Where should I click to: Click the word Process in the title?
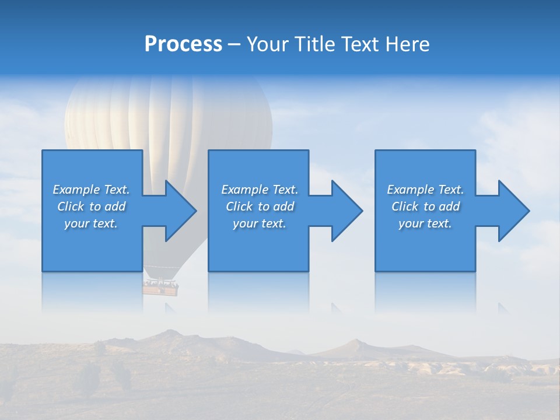coord(183,44)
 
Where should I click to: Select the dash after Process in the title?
coord(235,45)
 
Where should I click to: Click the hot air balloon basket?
coord(161,286)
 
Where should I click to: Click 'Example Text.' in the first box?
coord(91,190)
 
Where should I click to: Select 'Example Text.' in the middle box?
coord(260,190)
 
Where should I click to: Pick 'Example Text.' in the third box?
coord(425,190)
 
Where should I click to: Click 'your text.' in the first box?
coord(91,223)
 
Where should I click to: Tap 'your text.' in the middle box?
coord(260,223)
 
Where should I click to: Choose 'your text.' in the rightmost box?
coord(425,223)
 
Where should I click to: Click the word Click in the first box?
coord(71,206)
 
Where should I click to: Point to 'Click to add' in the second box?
coord(260,206)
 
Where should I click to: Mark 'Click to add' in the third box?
coord(425,206)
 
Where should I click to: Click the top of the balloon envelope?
coord(169,82)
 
